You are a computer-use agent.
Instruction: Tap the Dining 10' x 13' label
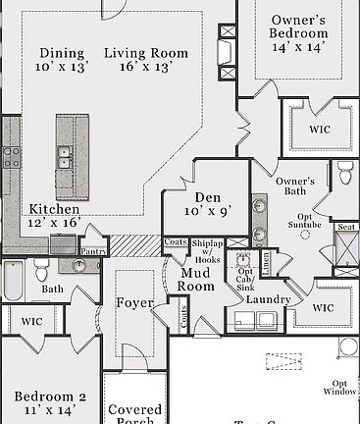point(63,59)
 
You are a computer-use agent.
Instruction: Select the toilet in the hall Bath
point(41,267)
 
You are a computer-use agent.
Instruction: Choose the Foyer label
point(133,302)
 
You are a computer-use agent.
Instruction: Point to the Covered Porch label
point(135,414)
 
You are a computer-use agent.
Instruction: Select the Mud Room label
point(195,280)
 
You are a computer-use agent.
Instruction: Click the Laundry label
point(267,298)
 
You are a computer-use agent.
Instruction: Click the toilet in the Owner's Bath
point(345,175)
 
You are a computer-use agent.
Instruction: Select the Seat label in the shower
point(345,227)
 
